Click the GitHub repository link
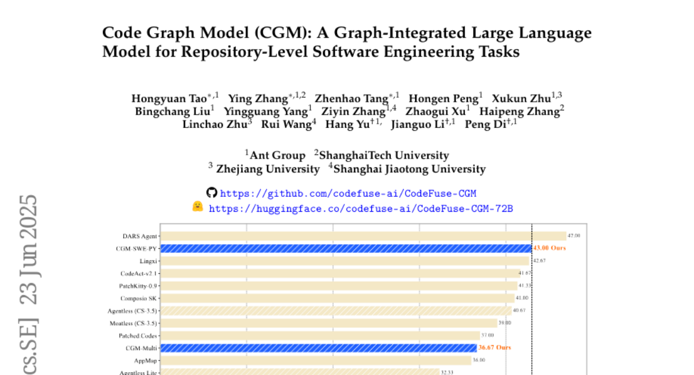(348, 193)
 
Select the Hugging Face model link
(360, 208)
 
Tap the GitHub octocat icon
(212, 193)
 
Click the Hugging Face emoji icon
(198, 207)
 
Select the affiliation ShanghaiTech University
(383, 155)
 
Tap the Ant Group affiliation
(278, 155)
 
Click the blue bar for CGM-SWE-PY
(346, 248)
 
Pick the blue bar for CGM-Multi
(319, 348)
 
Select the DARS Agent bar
(363, 236)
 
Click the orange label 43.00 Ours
(549, 248)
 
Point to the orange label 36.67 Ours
(494, 348)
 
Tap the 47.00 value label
(574, 236)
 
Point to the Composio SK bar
(337, 298)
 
